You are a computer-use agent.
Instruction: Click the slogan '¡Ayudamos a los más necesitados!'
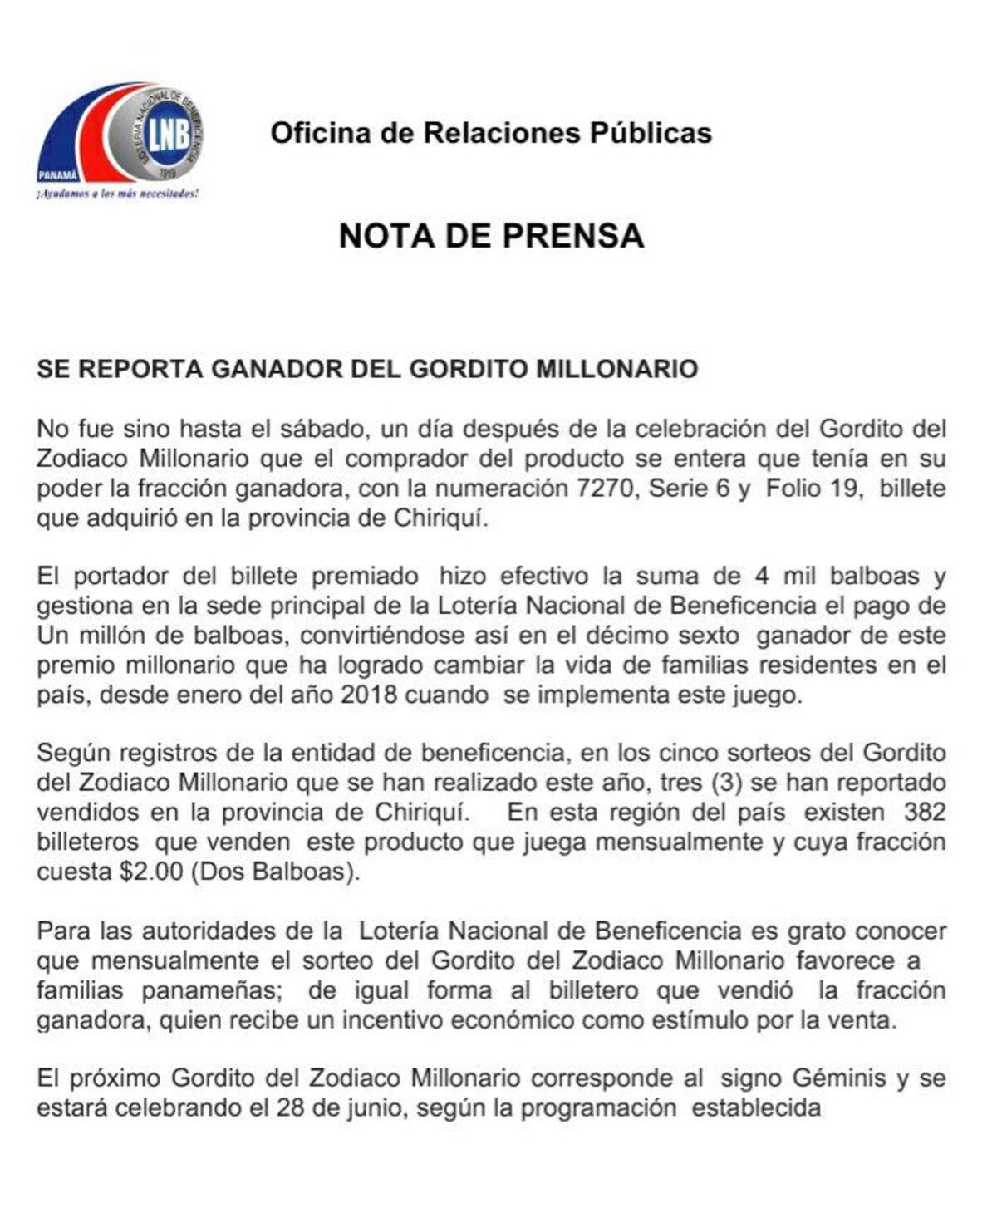coord(117,194)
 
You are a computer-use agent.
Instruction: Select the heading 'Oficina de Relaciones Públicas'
coord(491,133)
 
